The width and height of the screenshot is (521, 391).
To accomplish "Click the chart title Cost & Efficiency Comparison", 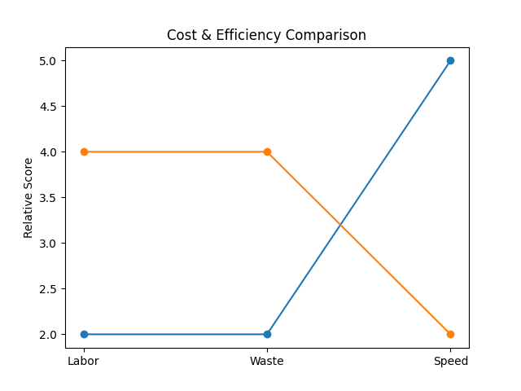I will tap(266, 35).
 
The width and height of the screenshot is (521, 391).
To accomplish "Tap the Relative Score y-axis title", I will tap(28, 198).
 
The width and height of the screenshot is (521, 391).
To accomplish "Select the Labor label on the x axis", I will tap(84, 361).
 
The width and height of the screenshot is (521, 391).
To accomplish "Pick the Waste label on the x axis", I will tap(267, 361).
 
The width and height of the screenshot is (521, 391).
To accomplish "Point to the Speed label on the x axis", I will tap(450, 361).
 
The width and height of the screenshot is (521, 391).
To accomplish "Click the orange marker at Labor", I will tap(84, 152).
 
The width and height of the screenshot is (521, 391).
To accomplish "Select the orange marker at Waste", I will tap(267, 152).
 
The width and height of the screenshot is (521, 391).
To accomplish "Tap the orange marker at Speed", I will tap(450, 334).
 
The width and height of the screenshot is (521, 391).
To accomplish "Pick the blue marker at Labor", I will tap(84, 334).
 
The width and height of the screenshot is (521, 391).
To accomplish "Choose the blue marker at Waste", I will tap(267, 334).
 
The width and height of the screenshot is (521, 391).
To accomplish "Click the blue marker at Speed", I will tap(450, 60).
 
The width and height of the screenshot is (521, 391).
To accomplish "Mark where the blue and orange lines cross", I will tap(340, 225).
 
